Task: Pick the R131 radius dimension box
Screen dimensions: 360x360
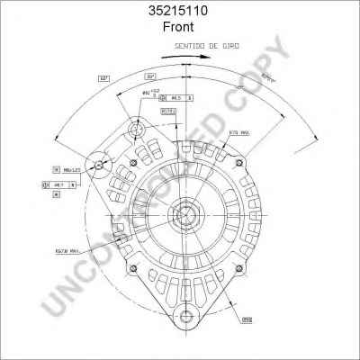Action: pos(167,111)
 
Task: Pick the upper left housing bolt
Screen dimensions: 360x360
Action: pos(134,163)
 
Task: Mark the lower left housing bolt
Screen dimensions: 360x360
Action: pos(134,266)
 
